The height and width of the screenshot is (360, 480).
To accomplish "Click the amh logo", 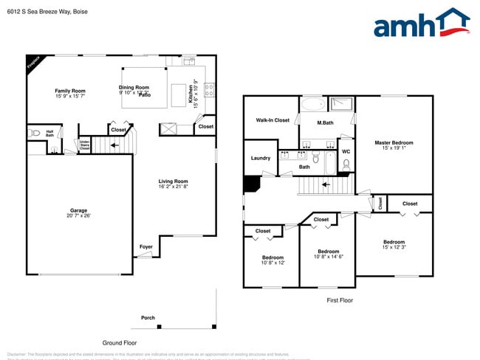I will tap(421, 24).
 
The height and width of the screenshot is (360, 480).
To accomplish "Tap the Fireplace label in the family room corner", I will tap(32, 64).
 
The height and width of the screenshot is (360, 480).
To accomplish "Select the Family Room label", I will tap(70, 91).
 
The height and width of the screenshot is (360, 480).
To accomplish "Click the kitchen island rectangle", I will tap(178, 94).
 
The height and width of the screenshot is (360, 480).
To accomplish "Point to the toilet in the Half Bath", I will tap(34, 134).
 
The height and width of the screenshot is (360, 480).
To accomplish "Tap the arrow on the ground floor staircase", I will tap(114, 146).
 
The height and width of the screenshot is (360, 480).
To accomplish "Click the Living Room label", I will tap(174, 181).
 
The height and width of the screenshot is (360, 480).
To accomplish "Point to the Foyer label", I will tap(146, 246).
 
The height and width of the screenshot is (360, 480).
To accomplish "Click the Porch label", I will tap(148, 318).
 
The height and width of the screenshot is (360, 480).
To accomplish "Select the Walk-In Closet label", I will tap(272, 120).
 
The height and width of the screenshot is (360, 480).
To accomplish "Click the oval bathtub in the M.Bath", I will tap(312, 104).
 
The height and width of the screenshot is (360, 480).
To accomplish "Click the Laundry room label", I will tap(260, 158).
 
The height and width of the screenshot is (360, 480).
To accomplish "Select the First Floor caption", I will tap(340, 300).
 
